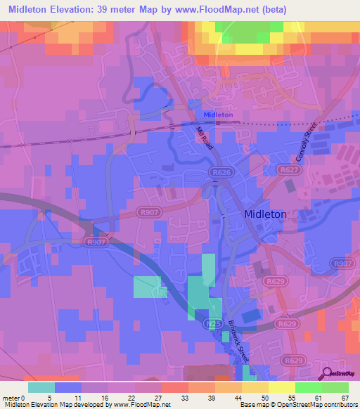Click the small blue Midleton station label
[218, 115]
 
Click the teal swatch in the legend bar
[41, 387]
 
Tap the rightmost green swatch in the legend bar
[335, 387]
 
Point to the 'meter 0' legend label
[14, 397]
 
